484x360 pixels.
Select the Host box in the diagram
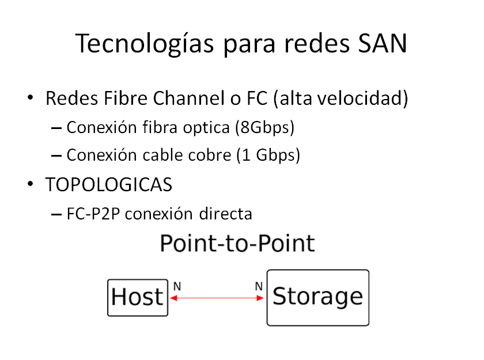click(x=138, y=297)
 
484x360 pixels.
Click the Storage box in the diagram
click(x=317, y=297)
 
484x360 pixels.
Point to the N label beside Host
click(x=177, y=285)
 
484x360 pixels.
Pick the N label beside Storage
click(x=259, y=285)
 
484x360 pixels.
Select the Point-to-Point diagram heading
click(x=237, y=243)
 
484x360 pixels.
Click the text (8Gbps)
click(x=265, y=127)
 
